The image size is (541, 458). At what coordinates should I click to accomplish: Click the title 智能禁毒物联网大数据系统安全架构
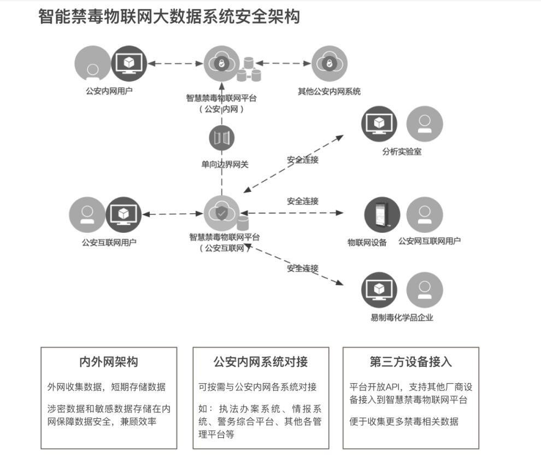169,17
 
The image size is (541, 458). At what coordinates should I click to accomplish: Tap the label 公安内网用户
109,91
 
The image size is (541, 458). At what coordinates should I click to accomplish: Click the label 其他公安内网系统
329,91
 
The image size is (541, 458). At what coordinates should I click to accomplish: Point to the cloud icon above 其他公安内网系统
329,63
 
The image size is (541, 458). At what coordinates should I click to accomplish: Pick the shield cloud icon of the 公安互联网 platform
221,214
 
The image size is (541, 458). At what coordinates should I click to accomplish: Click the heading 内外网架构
109,362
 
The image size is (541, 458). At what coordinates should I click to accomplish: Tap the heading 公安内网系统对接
261,362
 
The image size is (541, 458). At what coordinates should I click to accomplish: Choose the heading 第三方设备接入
411,362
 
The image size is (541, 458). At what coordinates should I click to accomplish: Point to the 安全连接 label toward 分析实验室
303,160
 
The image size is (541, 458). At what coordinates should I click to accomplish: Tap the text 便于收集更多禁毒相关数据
404,421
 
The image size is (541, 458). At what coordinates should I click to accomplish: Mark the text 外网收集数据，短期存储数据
107,387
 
